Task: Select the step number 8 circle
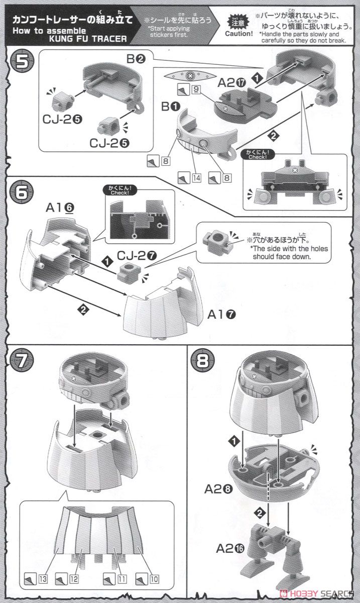(204, 361)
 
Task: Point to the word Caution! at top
(239, 34)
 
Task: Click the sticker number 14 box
(196, 177)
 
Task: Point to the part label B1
(170, 107)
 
